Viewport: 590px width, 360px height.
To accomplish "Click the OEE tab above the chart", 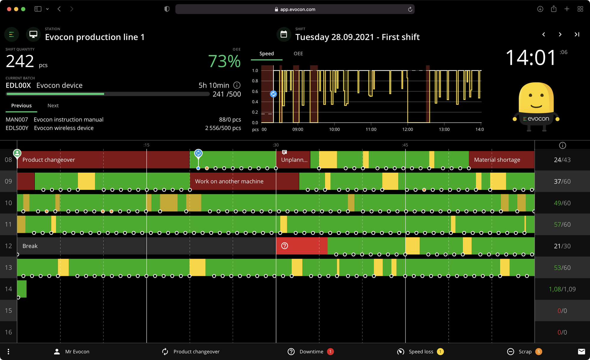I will [x=298, y=54].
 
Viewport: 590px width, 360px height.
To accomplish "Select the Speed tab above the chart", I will [x=266, y=54].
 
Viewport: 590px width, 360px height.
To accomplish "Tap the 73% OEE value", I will [x=224, y=61].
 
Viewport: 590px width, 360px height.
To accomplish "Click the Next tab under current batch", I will [x=53, y=106].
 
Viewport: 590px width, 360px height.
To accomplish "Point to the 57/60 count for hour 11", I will [x=562, y=225].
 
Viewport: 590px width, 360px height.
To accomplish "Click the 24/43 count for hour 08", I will [x=562, y=160].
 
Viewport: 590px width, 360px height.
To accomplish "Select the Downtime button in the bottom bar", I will [x=311, y=351].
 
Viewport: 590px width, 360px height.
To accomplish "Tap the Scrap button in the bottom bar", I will [x=525, y=351].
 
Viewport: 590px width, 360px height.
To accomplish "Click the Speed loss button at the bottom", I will [x=420, y=351].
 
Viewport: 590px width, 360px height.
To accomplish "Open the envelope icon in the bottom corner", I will [x=581, y=351].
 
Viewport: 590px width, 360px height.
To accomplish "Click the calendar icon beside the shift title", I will [x=284, y=35].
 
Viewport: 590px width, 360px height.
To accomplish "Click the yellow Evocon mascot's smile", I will [x=536, y=106].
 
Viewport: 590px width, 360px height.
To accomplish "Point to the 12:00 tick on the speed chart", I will [x=407, y=129].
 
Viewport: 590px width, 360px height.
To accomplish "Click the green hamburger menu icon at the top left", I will [x=12, y=35].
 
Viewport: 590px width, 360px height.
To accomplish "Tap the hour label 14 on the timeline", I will [x=8, y=289].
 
